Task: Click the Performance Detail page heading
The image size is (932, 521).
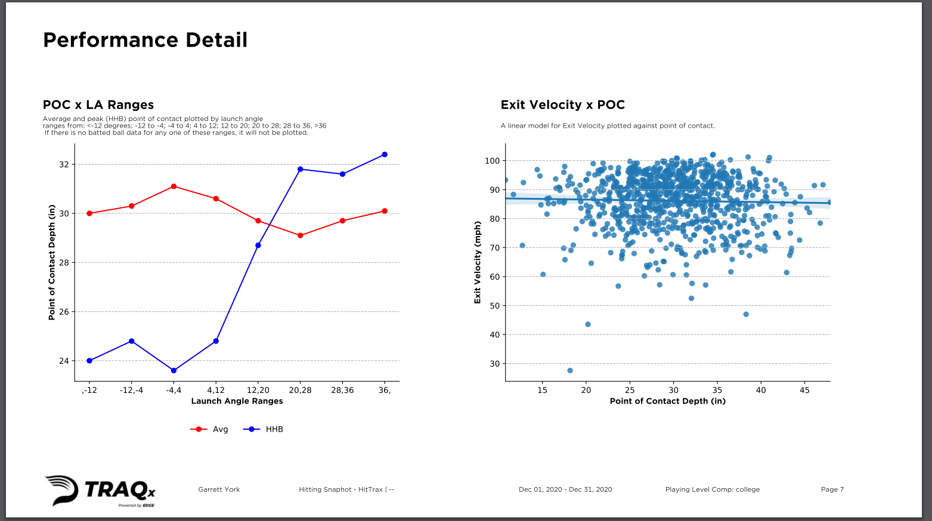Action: [x=145, y=40]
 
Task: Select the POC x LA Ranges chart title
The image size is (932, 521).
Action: [x=98, y=105]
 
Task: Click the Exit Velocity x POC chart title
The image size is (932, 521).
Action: [x=562, y=105]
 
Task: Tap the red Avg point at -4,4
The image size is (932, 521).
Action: [x=174, y=187]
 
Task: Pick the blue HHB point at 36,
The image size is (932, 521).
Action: [x=385, y=154]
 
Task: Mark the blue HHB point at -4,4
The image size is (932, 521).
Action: [x=174, y=371]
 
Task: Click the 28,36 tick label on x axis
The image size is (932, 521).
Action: [x=342, y=390]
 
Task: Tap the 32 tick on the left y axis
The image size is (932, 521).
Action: [x=64, y=165]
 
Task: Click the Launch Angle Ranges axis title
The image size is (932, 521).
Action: [x=237, y=401]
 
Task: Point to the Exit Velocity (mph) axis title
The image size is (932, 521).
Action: [x=478, y=262]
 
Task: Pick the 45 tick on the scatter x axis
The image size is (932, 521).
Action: [x=804, y=390]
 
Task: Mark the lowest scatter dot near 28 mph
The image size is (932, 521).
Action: [x=570, y=371]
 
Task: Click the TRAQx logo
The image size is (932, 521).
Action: [x=100, y=491]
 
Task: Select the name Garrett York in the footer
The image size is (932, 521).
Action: [x=219, y=489]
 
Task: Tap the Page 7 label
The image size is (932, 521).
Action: [x=832, y=489]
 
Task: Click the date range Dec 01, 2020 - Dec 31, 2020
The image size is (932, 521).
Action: [x=565, y=489]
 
